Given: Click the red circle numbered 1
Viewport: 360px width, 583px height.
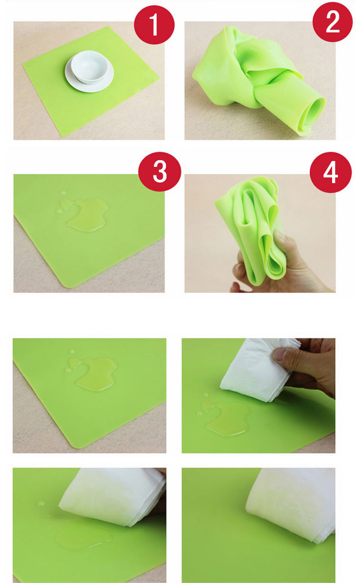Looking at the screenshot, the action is [x=154, y=24].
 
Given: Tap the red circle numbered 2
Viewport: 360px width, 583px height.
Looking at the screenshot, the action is [x=333, y=22].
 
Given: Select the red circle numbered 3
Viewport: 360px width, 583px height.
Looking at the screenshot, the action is [x=160, y=172].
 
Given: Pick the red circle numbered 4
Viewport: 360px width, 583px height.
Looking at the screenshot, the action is [x=331, y=172].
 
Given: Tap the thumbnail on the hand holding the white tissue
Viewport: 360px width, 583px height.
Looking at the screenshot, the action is [x=280, y=355].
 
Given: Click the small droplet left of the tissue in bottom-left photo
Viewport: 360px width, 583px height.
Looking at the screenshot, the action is [x=41, y=503].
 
